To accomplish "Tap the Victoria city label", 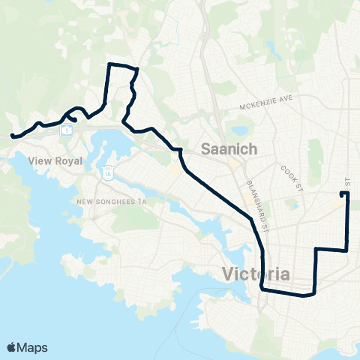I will click(256, 274).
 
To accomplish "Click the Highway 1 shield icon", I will click(67, 129).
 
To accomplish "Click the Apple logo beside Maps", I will click(12, 347).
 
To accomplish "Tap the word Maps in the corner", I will click(34, 347).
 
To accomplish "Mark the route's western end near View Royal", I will click(12, 136).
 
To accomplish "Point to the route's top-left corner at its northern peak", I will click(111, 65).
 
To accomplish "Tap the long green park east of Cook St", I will click(313, 154).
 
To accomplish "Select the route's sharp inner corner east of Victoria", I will click(316, 249).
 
